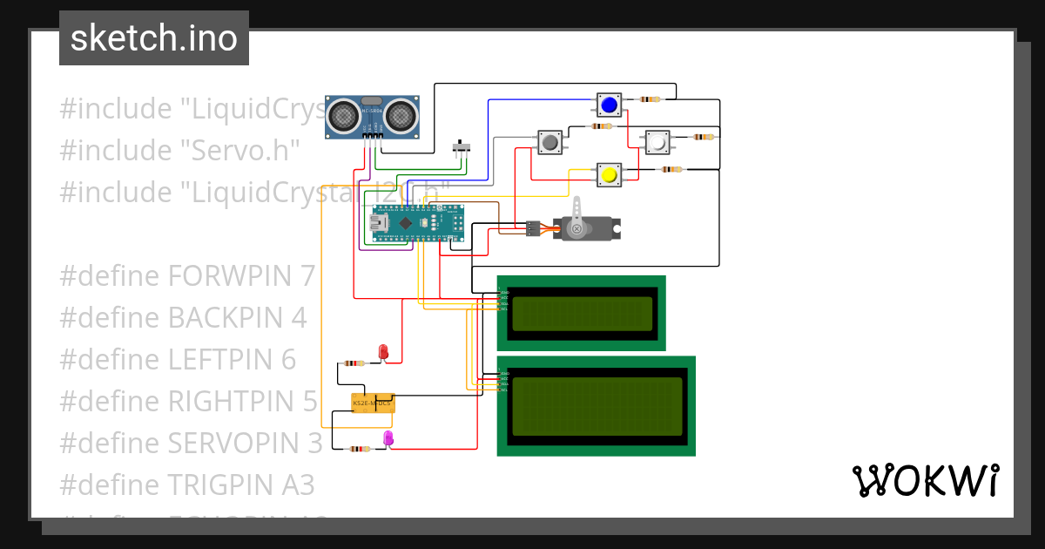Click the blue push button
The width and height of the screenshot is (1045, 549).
pyautogui.click(x=609, y=105)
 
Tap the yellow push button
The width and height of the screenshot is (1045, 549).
pyautogui.click(x=608, y=174)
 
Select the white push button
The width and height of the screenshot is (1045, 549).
pyautogui.click(x=657, y=141)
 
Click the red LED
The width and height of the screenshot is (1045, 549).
pyautogui.click(x=383, y=351)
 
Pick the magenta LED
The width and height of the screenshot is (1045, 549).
pyautogui.click(x=388, y=438)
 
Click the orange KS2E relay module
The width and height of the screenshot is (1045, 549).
pyautogui.click(x=373, y=403)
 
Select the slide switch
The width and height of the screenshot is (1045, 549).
pyautogui.click(x=462, y=146)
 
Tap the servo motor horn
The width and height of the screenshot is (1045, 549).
pyautogui.click(x=575, y=227)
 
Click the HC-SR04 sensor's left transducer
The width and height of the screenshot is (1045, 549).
pyautogui.click(x=346, y=113)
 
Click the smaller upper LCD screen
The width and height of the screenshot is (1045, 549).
pyautogui.click(x=582, y=314)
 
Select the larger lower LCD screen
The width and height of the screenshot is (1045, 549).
pyautogui.click(x=597, y=406)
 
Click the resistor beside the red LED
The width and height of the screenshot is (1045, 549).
pyautogui.click(x=354, y=363)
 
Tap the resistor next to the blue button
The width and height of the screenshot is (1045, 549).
pyautogui.click(x=651, y=99)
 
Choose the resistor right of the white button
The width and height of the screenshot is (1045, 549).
pyautogui.click(x=702, y=137)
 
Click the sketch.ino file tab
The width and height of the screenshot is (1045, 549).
pyautogui.click(x=154, y=38)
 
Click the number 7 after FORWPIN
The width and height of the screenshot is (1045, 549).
pyautogui.click(x=307, y=276)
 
